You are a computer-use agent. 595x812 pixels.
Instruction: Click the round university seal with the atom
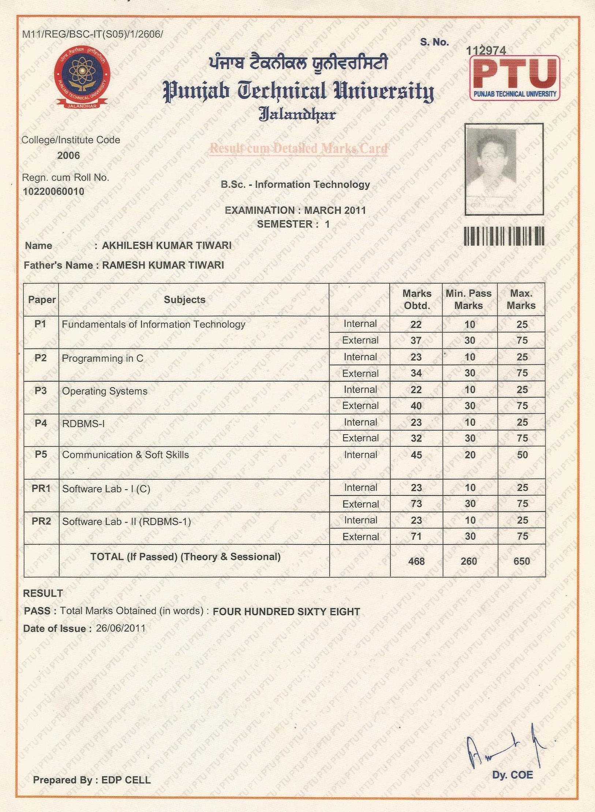pyautogui.click(x=82, y=78)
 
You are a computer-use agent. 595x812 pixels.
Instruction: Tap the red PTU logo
pyautogui.click(x=514, y=78)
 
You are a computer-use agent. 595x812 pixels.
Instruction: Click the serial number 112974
pyautogui.click(x=486, y=51)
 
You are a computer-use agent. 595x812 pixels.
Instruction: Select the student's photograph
pyautogui.click(x=504, y=169)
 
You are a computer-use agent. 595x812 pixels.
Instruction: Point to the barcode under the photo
pyautogui.click(x=504, y=236)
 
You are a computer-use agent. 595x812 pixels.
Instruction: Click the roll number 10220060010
pyautogui.click(x=53, y=192)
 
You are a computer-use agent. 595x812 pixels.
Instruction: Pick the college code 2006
pyautogui.click(x=68, y=155)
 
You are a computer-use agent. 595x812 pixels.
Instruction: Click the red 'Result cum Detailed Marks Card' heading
pyautogui.click(x=298, y=148)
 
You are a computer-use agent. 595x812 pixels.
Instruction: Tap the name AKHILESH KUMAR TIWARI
pyautogui.click(x=166, y=246)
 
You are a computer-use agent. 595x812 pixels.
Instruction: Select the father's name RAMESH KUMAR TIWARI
pyautogui.click(x=163, y=265)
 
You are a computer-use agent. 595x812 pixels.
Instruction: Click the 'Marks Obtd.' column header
pyautogui.click(x=417, y=299)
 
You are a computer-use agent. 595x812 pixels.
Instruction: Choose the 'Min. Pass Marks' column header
pyautogui.click(x=469, y=299)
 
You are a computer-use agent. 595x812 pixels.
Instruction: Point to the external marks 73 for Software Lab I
pyautogui.click(x=416, y=504)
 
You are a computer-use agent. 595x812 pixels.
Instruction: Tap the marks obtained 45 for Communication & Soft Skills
pyautogui.click(x=416, y=455)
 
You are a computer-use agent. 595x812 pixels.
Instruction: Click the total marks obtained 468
pyautogui.click(x=416, y=561)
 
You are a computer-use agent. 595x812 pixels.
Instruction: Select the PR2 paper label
pyautogui.click(x=41, y=521)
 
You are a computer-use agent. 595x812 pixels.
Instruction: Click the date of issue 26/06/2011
pyautogui.click(x=121, y=628)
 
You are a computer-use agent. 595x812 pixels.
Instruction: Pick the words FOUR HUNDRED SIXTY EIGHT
pyautogui.click(x=287, y=612)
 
